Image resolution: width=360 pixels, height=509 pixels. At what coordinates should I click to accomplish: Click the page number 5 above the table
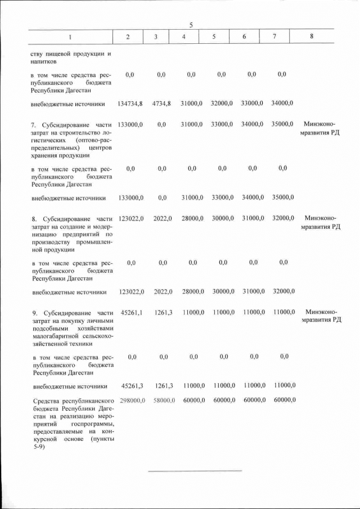pos(191,25)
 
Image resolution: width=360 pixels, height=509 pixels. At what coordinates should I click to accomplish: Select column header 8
pos(312,37)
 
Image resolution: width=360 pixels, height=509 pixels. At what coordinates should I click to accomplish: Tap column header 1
pos(70,37)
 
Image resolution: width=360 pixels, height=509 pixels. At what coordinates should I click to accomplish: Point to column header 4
pos(184,37)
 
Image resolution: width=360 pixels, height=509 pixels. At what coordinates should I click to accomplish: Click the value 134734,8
pos(130,103)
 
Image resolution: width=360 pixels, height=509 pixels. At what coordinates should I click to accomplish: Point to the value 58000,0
pos(164,400)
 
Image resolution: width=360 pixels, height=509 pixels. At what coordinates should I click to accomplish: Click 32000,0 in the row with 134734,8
pos(222,103)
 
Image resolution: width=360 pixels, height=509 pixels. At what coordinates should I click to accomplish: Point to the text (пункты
pos(101,439)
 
